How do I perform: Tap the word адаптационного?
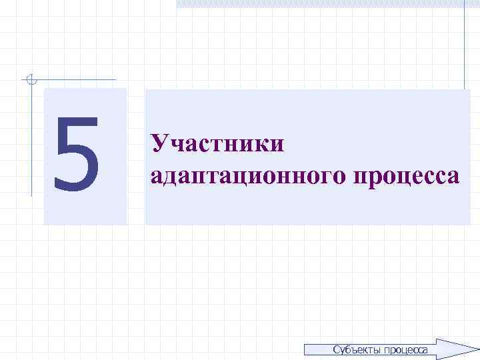tap(247, 176)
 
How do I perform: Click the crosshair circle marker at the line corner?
tap(29, 80)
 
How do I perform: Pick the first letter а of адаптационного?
tap(157, 176)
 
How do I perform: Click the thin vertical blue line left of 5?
tap(31, 140)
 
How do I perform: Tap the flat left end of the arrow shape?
tap(305, 349)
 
